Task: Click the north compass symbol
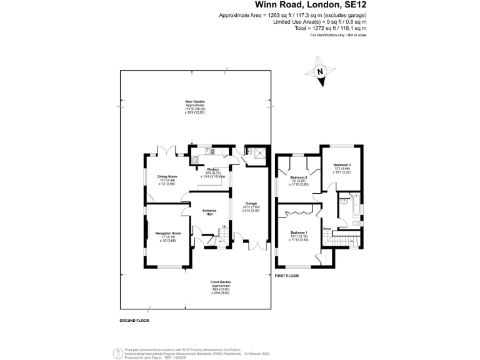coord(321,70)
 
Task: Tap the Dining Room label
coord(167,177)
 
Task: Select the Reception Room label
coord(167,233)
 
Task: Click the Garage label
coord(251,204)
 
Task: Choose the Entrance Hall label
coord(209,212)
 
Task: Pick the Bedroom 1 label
coord(299,233)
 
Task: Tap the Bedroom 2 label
coord(299,177)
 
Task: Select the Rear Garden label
coord(195,101)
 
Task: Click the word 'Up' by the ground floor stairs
coord(224,226)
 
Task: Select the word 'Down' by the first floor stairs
coord(327,229)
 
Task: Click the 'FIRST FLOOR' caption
coord(287,276)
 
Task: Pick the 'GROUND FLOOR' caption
coord(134,321)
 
